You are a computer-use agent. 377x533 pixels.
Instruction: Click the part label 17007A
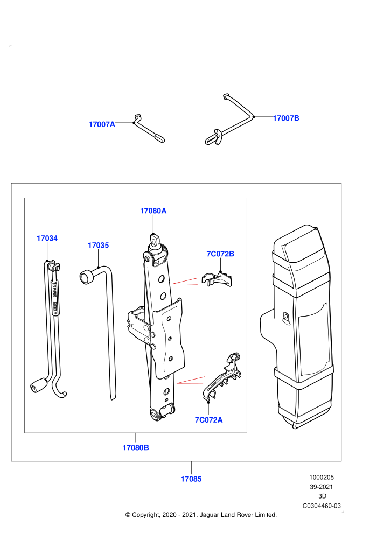[x=102, y=124]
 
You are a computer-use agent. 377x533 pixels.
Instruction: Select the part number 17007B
[x=286, y=118]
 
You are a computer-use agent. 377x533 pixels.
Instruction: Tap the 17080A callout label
[x=153, y=211]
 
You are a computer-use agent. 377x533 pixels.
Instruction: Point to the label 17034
[x=47, y=239]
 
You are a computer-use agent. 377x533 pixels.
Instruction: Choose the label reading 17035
[x=98, y=246]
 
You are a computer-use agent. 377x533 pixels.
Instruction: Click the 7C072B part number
[x=220, y=254]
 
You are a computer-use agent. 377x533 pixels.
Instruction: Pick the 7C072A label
[x=209, y=420]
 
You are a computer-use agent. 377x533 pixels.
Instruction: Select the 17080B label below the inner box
[x=136, y=448]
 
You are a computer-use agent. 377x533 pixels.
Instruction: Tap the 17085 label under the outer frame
[x=191, y=479]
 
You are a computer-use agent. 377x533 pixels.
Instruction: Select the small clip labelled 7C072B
[x=217, y=279]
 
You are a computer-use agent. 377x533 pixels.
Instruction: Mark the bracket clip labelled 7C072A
[x=222, y=378]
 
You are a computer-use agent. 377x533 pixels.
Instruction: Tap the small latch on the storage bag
[x=286, y=317]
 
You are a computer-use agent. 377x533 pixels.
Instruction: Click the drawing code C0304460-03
[x=322, y=506]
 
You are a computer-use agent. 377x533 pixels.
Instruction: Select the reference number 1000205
[x=322, y=477]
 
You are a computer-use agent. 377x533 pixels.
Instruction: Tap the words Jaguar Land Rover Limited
[x=238, y=515]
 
